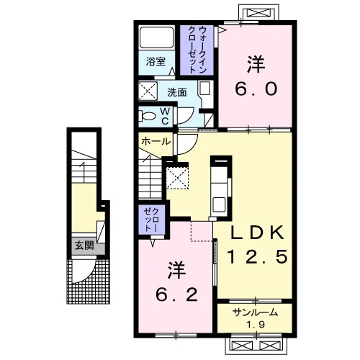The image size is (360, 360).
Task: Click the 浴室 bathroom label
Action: coord(156,61)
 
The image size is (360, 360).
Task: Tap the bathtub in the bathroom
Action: coord(156,37)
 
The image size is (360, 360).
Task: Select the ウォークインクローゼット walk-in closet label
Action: coord(197,50)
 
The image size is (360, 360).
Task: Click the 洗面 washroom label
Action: coord(177,92)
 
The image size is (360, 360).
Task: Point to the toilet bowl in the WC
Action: coord(147,116)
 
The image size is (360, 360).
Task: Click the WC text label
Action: coord(165,116)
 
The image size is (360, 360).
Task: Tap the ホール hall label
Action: coord(156,141)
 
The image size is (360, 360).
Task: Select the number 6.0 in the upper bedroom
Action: coord(256,89)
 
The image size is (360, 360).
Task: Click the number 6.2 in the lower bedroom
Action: coord(177,294)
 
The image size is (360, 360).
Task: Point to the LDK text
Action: coord(257,233)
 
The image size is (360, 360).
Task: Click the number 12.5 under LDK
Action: coord(257,256)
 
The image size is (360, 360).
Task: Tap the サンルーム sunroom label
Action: coord(255,312)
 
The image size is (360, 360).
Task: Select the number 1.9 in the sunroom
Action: coord(256,325)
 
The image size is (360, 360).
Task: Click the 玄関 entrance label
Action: coord(84,246)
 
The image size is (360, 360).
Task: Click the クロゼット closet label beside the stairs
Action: coord(151,220)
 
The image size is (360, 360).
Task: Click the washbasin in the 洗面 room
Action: coord(205,89)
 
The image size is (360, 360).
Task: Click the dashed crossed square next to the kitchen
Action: coord(177,178)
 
